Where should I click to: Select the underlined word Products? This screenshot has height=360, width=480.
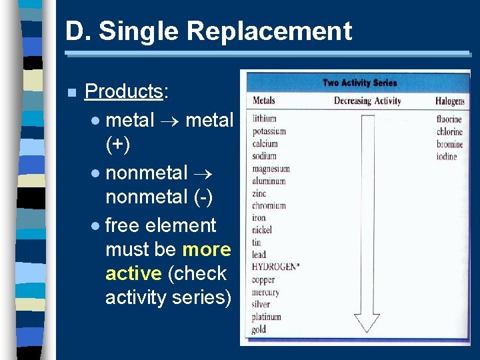coord(123,91)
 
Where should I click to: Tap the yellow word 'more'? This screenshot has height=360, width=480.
coord(207,249)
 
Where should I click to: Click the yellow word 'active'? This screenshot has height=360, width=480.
coord(133,273)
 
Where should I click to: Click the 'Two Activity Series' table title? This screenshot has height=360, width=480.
coord(359,83)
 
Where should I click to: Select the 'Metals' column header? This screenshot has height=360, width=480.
coord(264,101)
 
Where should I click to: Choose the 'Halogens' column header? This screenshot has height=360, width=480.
coord(449,101)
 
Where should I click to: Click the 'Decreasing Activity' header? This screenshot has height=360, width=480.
coord(367,101)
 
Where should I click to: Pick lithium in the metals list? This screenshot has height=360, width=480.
coord(265,119)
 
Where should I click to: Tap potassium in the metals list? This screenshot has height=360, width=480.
coord(269,131)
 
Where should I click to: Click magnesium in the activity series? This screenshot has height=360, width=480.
coord(271,169)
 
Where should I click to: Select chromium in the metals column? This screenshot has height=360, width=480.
coord(269,206)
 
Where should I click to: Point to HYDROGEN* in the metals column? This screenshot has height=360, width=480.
coord(275,267)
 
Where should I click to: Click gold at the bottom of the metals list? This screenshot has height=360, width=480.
coord(259,329)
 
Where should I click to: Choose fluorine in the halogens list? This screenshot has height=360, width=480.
coord(449,119)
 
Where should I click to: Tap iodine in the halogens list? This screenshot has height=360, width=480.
coord(447,157)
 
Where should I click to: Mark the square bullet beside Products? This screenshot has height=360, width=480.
coord(71,92)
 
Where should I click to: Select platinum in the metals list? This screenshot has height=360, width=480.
coord(267,317)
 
